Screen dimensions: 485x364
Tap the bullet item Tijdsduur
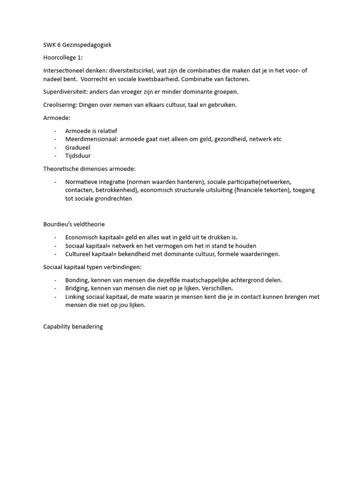(78, 156)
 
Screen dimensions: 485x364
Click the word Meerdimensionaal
(91, 139)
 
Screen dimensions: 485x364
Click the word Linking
(75, 296)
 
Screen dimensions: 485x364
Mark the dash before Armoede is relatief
(55, 130)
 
